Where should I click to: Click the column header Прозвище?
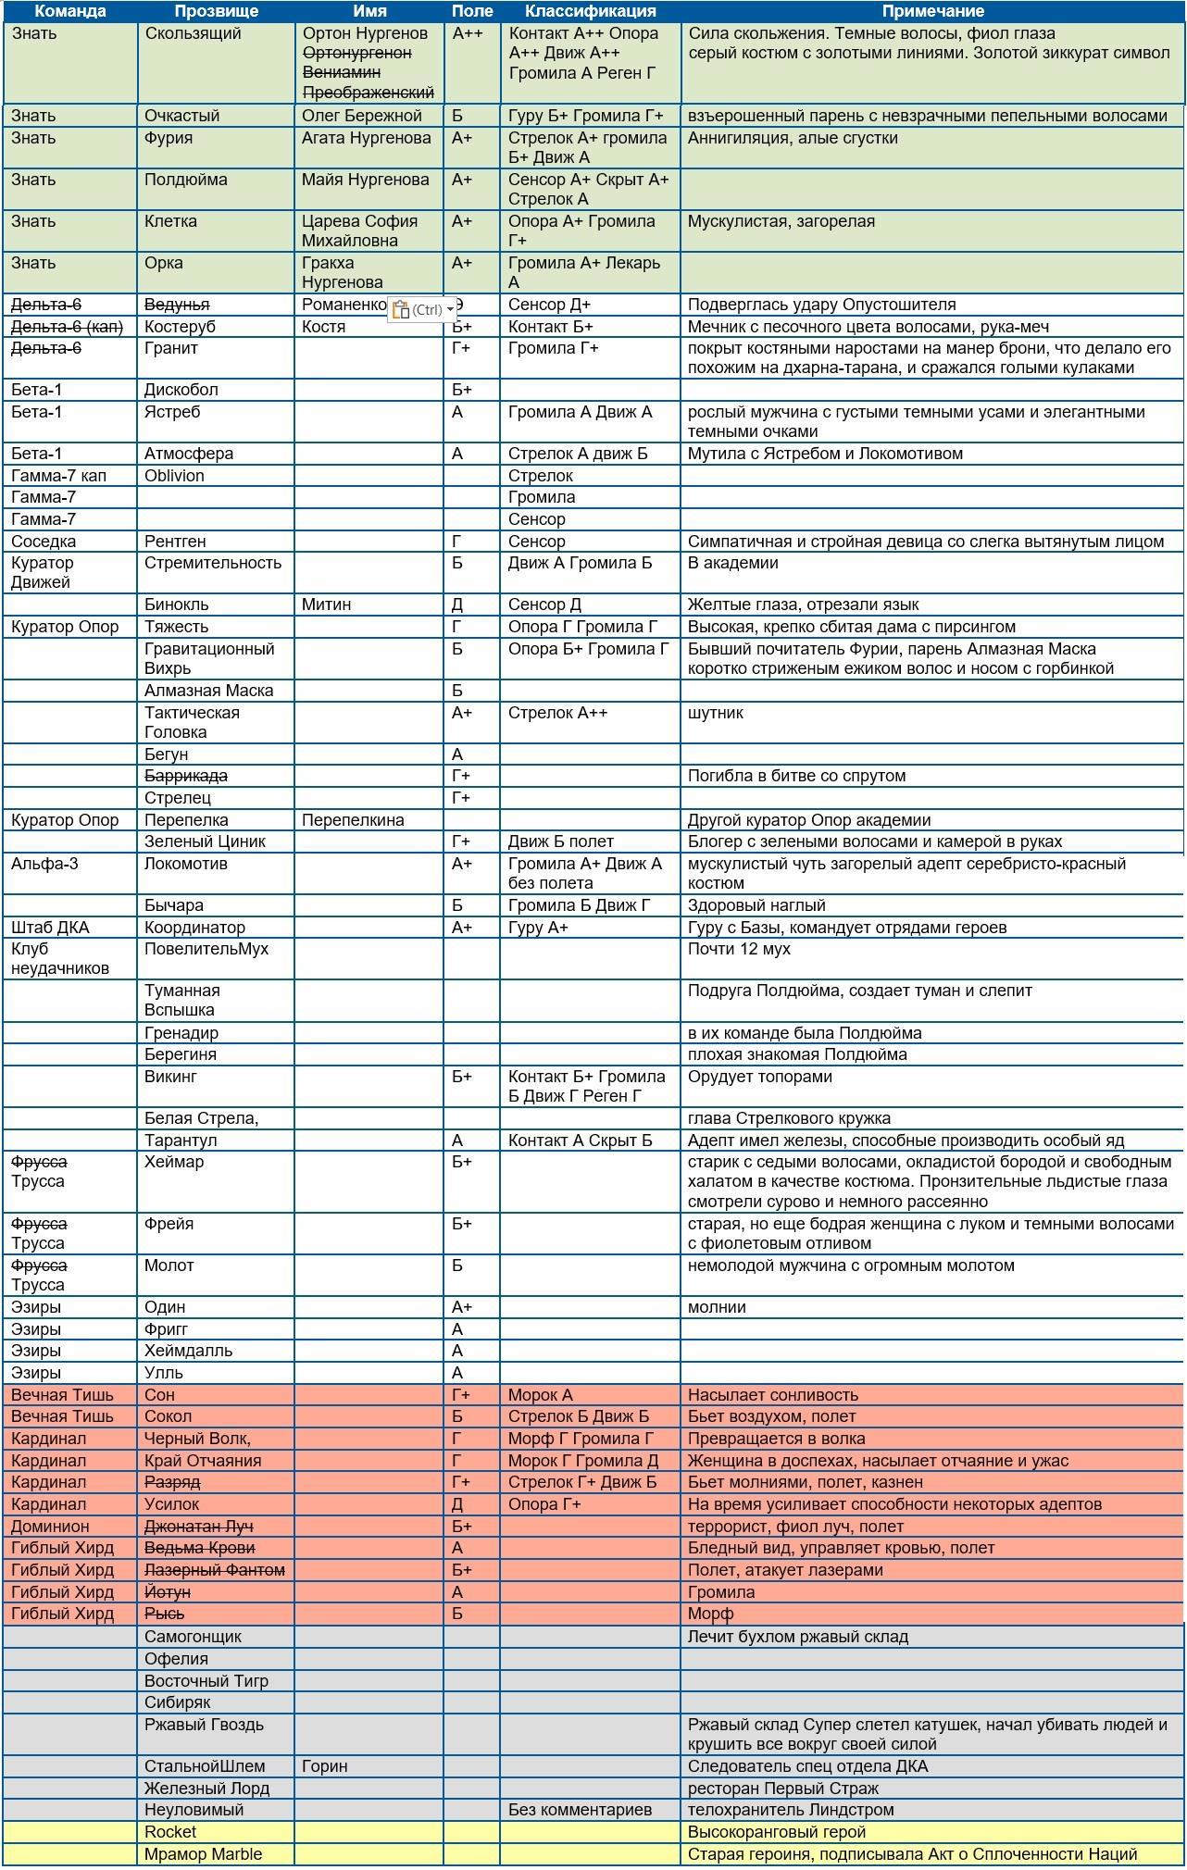(216, 11)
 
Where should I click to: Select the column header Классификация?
(590, 11)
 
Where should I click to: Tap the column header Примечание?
(931, 11)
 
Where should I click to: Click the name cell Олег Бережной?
(361, 116)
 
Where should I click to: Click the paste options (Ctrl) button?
(422, 310)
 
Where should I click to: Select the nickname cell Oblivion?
(174, 476)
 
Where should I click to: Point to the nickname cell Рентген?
(175, 542)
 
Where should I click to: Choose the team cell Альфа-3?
(44, 864)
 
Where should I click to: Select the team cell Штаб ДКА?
(50, 928)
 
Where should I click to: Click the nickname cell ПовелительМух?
(206, 949)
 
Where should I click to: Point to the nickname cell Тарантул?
(180, 1141)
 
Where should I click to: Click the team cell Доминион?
(50, 1527)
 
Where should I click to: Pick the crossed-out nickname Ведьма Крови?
(199, 1548)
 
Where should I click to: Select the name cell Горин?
(324, 1766)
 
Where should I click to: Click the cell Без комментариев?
(580, 1810)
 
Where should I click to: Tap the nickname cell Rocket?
(170, 1832)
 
